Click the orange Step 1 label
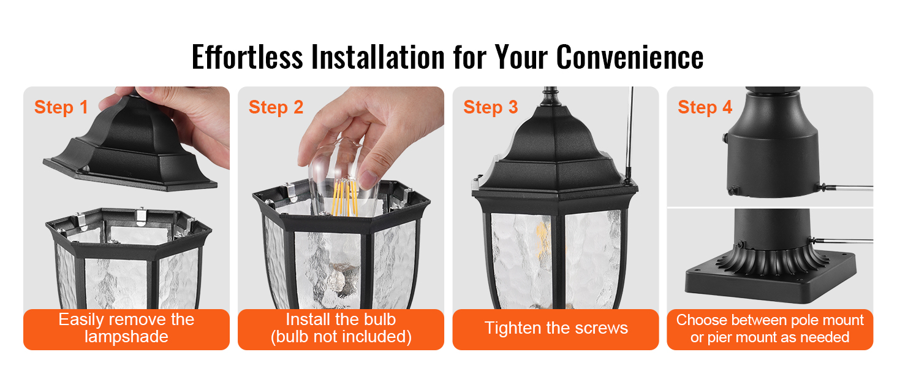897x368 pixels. pyautogui.click(x=61, y=107)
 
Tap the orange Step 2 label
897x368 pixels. pyautogui.click(x=276, y=107)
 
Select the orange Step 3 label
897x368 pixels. pyautogui.click(x=491, y=107)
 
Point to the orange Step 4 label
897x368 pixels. pyautogui.click(x=705, y=107)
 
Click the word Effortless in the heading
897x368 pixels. pyautogui.click(x=247, y=57)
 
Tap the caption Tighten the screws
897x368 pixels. pyautogui.click(x=556, y=328)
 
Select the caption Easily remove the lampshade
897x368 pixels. pyautogui.click(x=126, y=328)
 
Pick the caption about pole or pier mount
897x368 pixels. pyautogui.click(x=770, y=329)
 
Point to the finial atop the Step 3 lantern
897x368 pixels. pyautogui.click(x=551, y=97)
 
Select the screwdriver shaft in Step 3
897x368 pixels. pyautogui.click(x=630, y=132)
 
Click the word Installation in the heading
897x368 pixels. pyautogui.click(x=378, y=57)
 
